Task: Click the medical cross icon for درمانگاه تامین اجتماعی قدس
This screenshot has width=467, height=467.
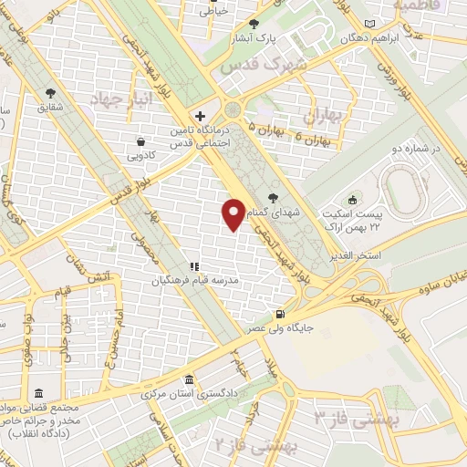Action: coord(200,116)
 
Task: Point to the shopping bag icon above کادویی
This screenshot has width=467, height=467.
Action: coord(141,141)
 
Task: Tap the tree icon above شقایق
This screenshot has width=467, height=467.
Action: coord(50,92)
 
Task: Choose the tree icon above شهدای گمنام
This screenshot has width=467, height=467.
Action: coord(273,196)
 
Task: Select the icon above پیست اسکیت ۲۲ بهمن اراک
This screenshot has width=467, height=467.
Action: coord(353,200)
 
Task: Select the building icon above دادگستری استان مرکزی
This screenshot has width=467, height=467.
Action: coord(188,379)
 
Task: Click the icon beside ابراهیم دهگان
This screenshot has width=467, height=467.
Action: coord(368,23)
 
